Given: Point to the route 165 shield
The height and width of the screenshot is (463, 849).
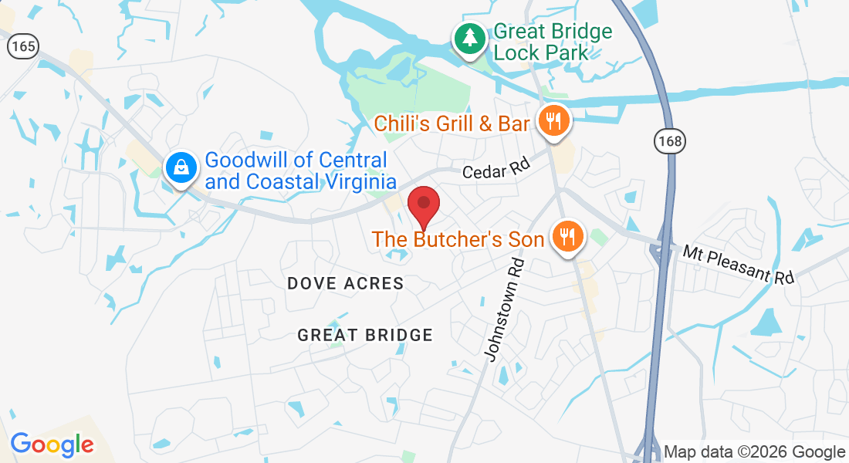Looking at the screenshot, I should click(x=23, y=46).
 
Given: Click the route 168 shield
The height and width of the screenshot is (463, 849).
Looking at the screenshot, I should click(x=668, y=141).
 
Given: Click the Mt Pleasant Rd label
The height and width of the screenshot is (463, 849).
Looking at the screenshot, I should click(x=738, y=264).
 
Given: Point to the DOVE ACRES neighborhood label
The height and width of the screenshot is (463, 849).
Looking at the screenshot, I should click(x=346, y=284).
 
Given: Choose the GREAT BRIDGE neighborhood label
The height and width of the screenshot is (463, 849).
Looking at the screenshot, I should click(x=365, y=335).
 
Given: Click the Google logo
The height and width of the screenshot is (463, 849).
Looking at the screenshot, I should click(x=52, y=444).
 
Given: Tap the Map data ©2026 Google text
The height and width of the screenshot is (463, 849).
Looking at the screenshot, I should click(x=754, y=452).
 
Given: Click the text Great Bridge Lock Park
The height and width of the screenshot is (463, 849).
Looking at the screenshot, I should click(x=552, y=42).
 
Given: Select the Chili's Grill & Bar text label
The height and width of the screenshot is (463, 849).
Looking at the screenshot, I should click(x=452, y=123).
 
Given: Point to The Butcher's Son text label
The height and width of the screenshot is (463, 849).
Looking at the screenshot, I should click(x=458, y=239).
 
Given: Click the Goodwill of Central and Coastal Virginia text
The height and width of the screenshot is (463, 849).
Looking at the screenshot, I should click(x=300, y=171).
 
